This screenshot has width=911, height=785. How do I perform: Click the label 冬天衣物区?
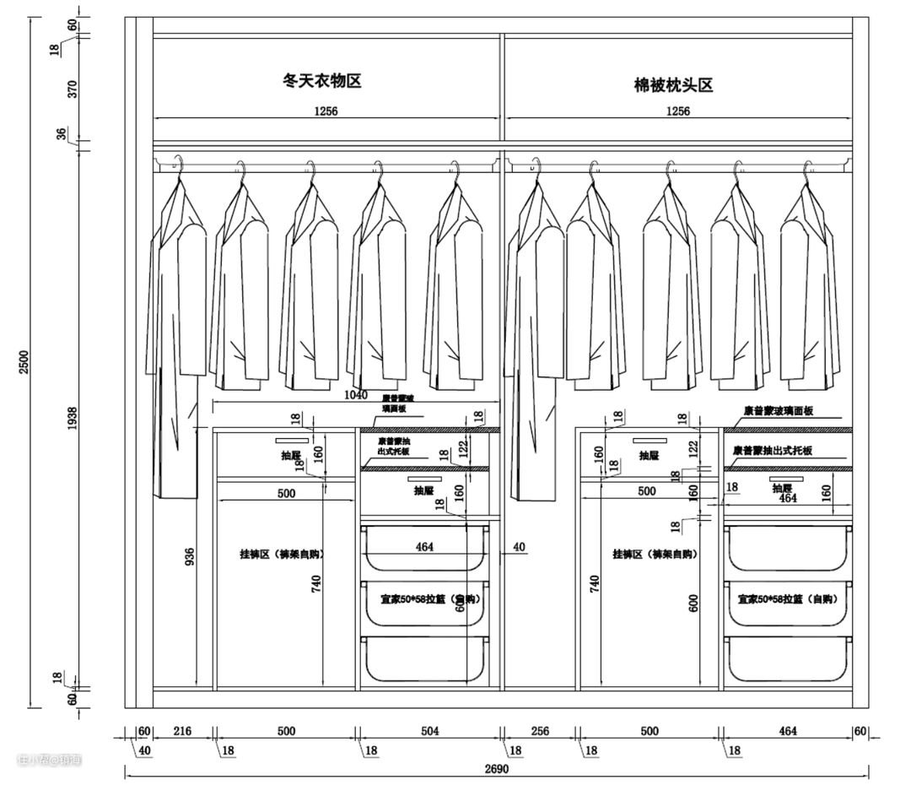coord(321,82)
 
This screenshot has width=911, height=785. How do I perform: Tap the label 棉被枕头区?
coord(673,85)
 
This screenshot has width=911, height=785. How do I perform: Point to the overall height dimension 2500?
coord(24,362)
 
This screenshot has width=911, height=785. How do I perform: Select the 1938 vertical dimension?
coord(72,419)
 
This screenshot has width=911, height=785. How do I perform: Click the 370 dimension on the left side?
coord(72,89)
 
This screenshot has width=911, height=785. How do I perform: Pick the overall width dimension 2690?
coord(497,769)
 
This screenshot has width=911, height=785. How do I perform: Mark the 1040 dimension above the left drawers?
coord(355,395)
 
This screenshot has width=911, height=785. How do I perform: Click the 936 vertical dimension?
coord(190,557)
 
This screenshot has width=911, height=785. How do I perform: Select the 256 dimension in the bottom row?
coord(540,731)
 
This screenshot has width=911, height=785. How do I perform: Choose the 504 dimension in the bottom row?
coord(429,731)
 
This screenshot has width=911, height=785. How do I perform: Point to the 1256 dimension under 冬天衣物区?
coord(325,111)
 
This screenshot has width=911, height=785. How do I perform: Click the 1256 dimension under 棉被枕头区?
coord(677,111)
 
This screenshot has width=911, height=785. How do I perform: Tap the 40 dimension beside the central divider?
coord(519,548)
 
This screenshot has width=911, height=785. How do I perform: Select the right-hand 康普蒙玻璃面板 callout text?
coord(778,411)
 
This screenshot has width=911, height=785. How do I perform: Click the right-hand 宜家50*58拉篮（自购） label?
coord(785,599)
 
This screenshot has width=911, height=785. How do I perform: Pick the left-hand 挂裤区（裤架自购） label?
coord(282,555)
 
